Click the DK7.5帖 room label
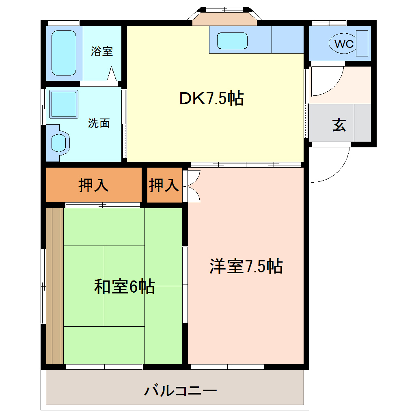pos(211,98)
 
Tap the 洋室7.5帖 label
pos(246,266)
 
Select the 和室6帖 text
pos(124,287)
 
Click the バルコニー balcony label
pos(181,391)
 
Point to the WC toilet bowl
pos(344,43)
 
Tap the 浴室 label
pos(102,52)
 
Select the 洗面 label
pos(99,123)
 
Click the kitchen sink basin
pos(232,41)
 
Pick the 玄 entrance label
pos(339,125)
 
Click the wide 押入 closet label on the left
pos(93,185)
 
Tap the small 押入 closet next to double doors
pos(164,185)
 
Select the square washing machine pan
pos(63,105)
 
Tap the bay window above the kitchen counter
pos(225,16)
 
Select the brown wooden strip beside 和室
pos(54,286)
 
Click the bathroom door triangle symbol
pos(112,75)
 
